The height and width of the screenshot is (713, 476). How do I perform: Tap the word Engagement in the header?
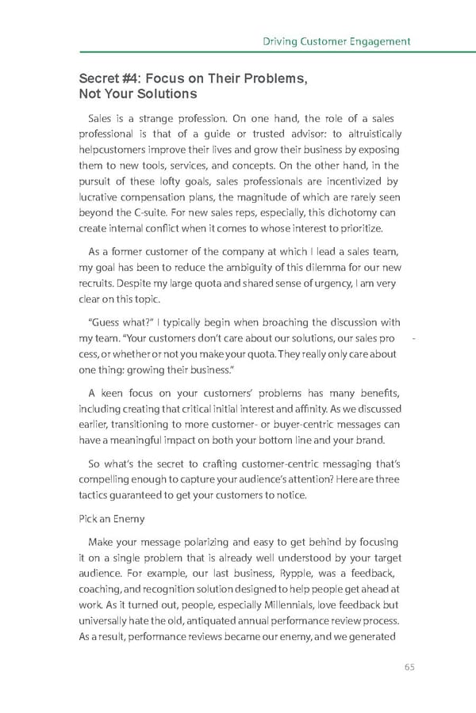(x=380, y=41)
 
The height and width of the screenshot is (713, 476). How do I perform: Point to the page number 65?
(x=409, y=666)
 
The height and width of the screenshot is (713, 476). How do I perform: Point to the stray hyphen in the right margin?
(x=416, y=340)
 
